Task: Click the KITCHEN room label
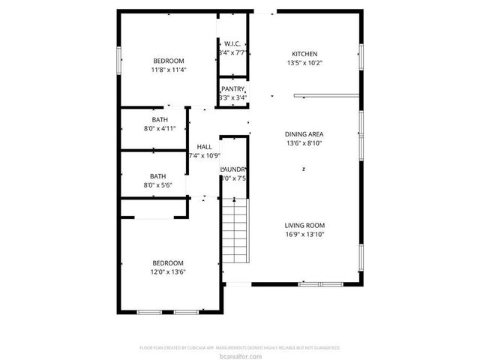coord(304,54)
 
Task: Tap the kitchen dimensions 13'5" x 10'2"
coord(304,63)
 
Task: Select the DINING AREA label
coord(304,134)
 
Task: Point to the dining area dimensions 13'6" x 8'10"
coord(304,143)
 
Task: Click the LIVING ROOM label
coord(304,225)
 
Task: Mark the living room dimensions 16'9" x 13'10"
coord(304,234)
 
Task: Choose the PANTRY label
coord(232,89)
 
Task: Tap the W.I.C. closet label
coord(232,43)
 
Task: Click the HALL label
coord(204,147)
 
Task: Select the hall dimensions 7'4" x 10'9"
coord(203,156)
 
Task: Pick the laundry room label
coord(233,169)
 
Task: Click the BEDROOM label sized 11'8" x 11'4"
coord(168,61)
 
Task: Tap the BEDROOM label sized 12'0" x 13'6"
coord(168,262)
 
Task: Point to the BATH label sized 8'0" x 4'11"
coord(160,120)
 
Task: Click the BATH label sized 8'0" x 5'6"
coord(157,176)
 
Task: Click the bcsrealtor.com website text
coord(240,355)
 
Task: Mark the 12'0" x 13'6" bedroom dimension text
coord(168,271)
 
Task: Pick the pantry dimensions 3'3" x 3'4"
coord(232,97)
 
